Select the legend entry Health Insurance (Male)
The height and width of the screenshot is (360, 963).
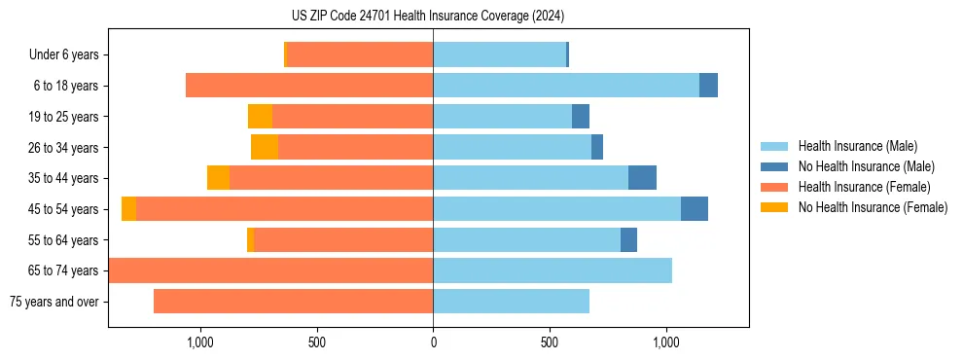pyautogui.click(x=852, y=146)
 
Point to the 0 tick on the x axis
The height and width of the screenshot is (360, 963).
pyautogui.click(x=433, y=342)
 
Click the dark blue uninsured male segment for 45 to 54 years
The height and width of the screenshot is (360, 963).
pyautogui.click(x=695, y=209)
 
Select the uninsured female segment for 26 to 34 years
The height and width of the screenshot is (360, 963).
pyautogui.click(x=265, y=147)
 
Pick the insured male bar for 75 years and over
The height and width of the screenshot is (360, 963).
pyautogui.click(x=511, y=302)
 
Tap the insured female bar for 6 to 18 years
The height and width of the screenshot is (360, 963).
pyautogui.click(x=309, y=86)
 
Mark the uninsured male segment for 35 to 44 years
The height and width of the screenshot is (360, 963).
pyautogui.click(x=642, y=178)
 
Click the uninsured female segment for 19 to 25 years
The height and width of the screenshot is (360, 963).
pyautogui.click(x=260, y=117)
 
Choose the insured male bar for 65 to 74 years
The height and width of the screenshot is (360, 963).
pyautogui.click(x=553, y=270)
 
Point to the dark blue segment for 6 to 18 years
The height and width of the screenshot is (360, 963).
pyautogui.click(x=708, y=86)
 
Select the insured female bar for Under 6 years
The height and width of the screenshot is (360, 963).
pyautogui.click(x=360, y=55)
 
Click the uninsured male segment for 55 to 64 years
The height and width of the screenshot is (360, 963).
pyautogui.click(x=628, y=240)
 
